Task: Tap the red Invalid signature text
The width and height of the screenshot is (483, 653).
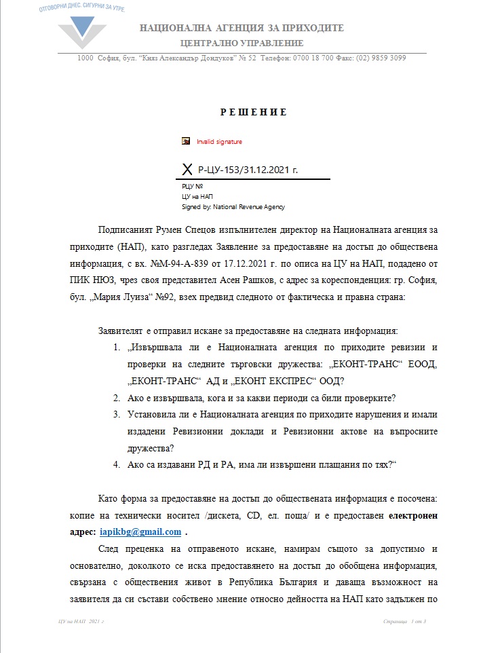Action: (x=219, y=142)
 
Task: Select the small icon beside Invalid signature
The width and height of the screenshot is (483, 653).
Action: (x=186, y=141)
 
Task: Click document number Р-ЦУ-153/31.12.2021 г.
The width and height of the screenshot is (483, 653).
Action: (x=248, y=169)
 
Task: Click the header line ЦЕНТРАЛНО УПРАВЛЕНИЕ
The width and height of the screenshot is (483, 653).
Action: (x=241, y=43)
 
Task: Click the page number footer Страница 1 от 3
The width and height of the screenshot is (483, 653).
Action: (x=404, y=621)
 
